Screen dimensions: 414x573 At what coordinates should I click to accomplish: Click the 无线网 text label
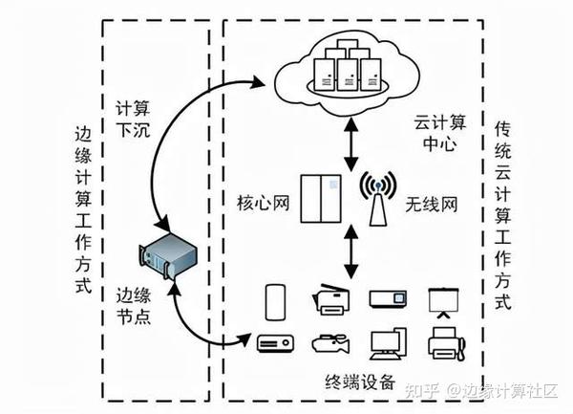430,204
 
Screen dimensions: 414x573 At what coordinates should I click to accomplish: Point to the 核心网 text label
261,204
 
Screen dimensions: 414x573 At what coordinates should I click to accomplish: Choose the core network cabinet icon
319,198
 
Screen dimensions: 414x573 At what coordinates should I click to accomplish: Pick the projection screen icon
441,301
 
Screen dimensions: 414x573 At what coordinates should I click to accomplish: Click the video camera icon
329,341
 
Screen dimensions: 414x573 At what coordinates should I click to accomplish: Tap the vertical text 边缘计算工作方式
84,210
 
